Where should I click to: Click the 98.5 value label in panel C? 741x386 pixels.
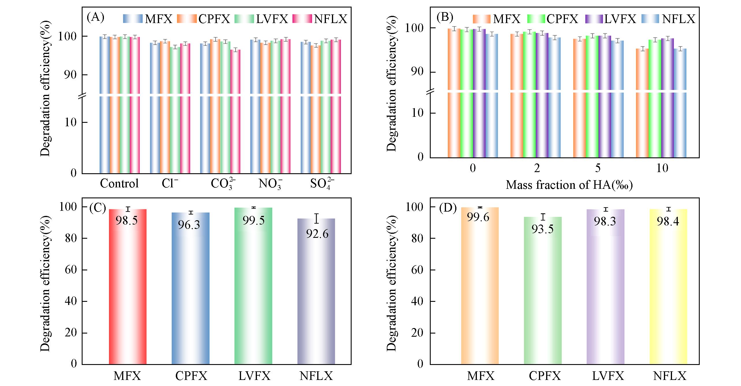tap(127, 221)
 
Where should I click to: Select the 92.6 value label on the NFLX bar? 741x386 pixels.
tap(317, 234)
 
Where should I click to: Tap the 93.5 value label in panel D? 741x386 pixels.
tap(543, 229)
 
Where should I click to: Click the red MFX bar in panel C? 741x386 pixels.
tap(128, 288)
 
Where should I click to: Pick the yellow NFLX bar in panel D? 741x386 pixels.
tap(668, 288)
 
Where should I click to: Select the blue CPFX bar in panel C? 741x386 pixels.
tap(191, 288)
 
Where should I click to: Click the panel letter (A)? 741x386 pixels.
tap(95, 18)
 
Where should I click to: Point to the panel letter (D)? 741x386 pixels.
tap(448, 208)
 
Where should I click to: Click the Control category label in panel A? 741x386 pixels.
tap(119, 184)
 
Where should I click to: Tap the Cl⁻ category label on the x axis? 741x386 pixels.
tap(170, 184)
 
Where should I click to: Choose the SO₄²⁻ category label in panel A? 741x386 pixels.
tap(322, 184)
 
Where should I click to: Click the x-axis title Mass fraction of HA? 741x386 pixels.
tap(569, 185)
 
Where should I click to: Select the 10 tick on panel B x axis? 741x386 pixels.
tap(662, 168)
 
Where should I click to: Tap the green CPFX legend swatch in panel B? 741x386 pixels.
tap(536, 19)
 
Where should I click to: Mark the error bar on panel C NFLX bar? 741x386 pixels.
tap(317, 219)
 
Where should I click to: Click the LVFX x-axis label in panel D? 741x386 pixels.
tap(605, 376)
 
